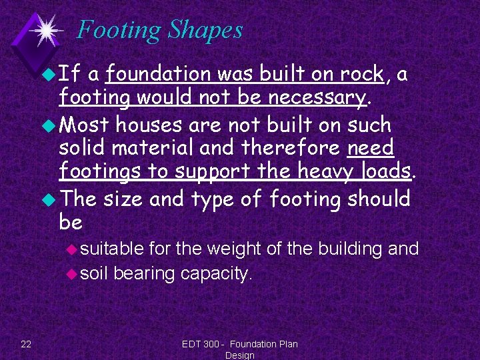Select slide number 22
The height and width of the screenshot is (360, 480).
(26, 344)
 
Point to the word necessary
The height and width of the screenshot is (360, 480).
(317, 99)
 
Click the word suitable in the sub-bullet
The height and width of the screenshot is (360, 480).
(112, 249)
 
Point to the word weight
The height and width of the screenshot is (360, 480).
(236, 249)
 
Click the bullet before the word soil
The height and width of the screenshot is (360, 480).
(73, 273)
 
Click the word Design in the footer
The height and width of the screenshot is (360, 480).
(240, 355)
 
